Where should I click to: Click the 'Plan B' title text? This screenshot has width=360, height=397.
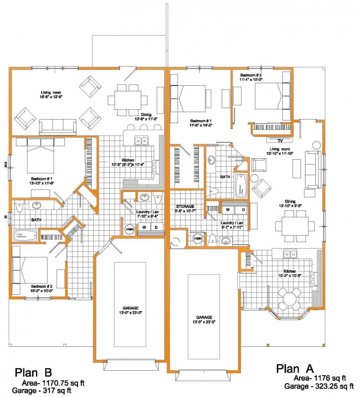pyautogui.click(x=38, y=372)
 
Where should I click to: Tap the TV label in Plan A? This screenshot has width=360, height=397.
pyautogui.click(x=272, y=139)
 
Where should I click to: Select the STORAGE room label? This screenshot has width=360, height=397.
pyautogui.click(x=186, y=206)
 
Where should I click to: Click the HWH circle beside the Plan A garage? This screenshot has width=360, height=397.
pyautogui.click(x=197, y=239)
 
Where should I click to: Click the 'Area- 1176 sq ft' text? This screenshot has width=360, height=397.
pyautogui.click(x=316, y=378)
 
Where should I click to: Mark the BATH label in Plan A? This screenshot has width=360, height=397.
pyautogui.click(x=225, y=177)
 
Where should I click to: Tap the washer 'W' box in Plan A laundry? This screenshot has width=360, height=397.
pyautogui.click(x=228, y=210)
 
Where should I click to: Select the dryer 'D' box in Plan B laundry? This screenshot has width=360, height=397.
pyautogui.click(x=155, y=227)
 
